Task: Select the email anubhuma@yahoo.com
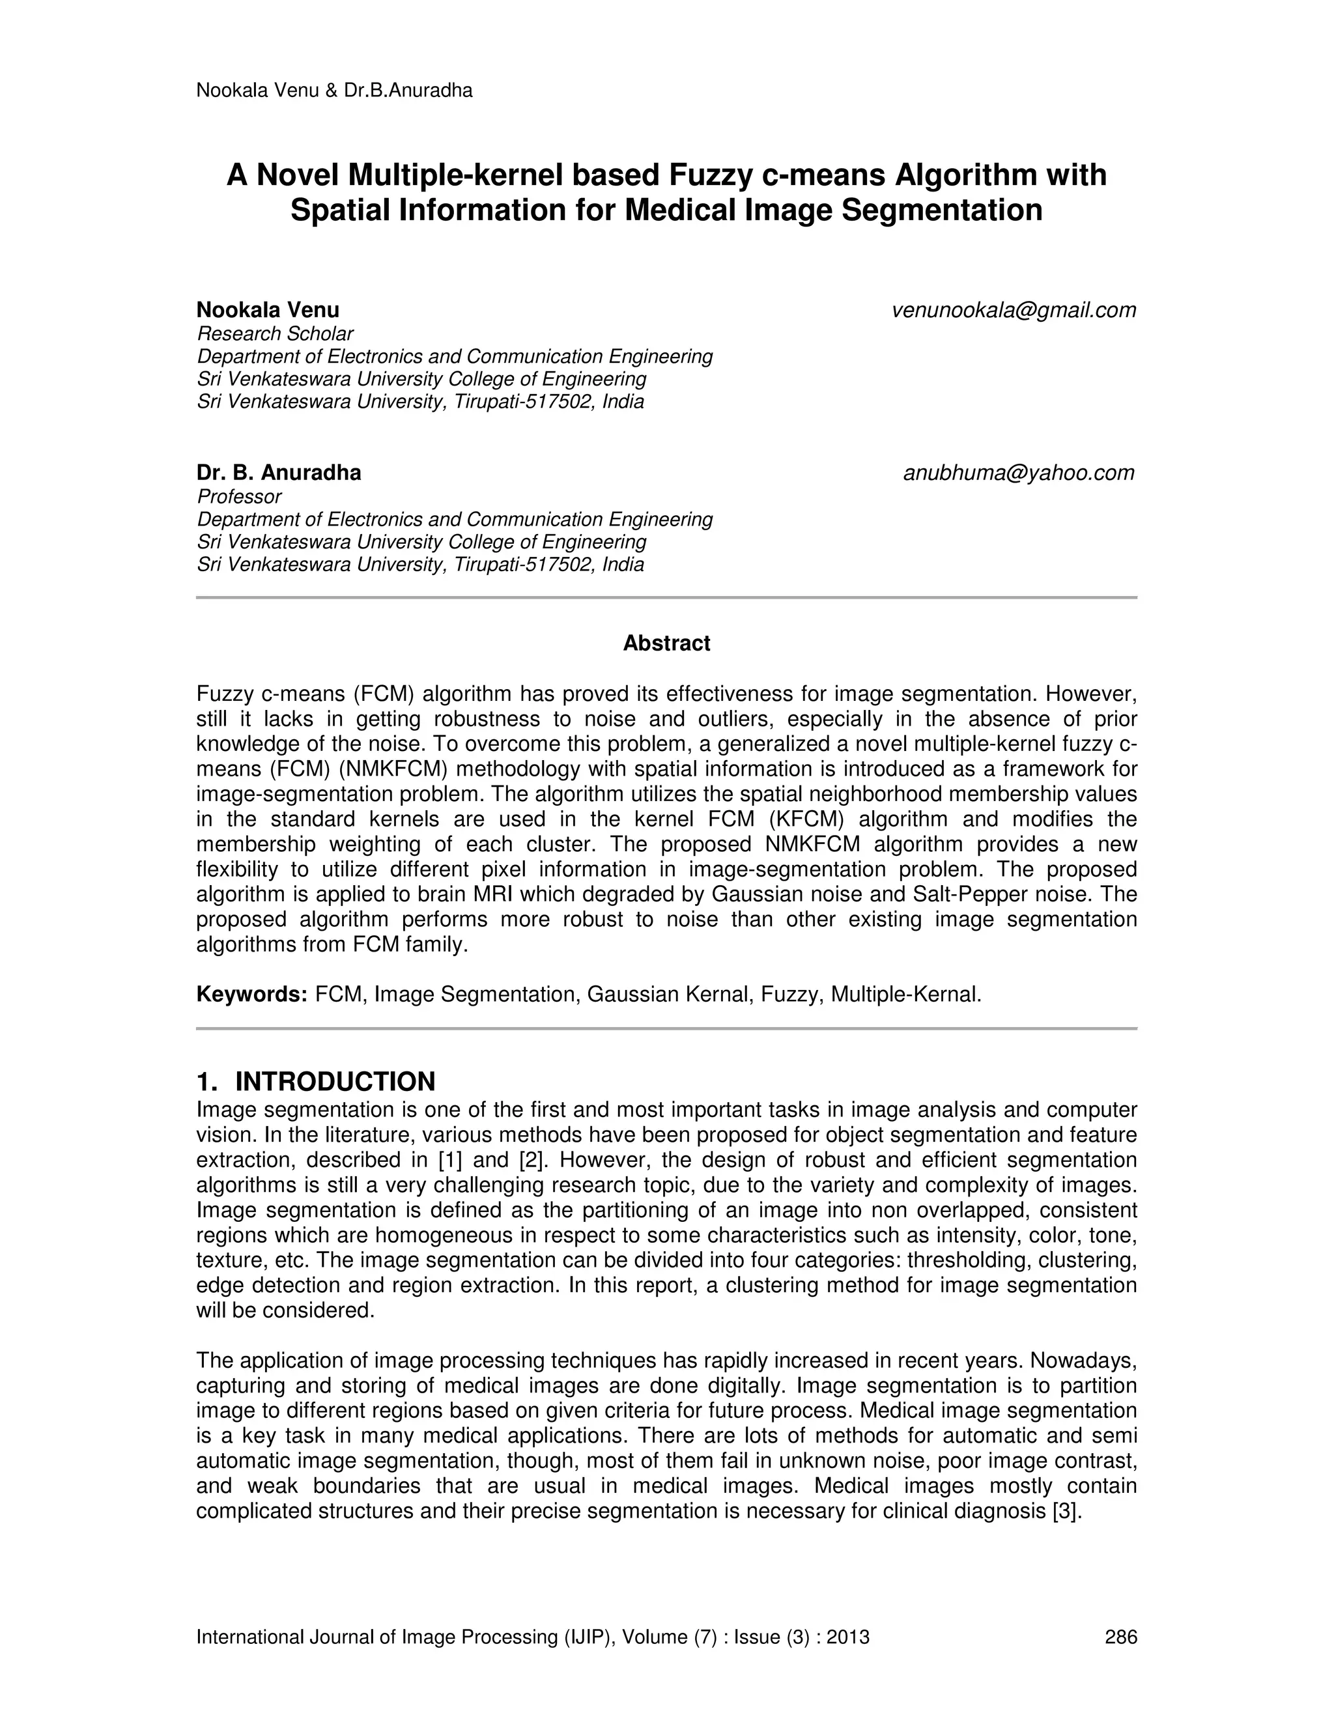coord(1018,474)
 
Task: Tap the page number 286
coord(1120,1637)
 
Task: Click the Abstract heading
coord(666,644)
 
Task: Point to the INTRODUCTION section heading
coord(335,1081)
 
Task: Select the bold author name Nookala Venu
coord(268,310)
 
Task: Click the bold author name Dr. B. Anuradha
coord(279,473)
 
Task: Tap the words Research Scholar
coord(275,333)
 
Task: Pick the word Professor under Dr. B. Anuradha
coord(238,496)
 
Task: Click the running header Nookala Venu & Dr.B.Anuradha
coord(334,91)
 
